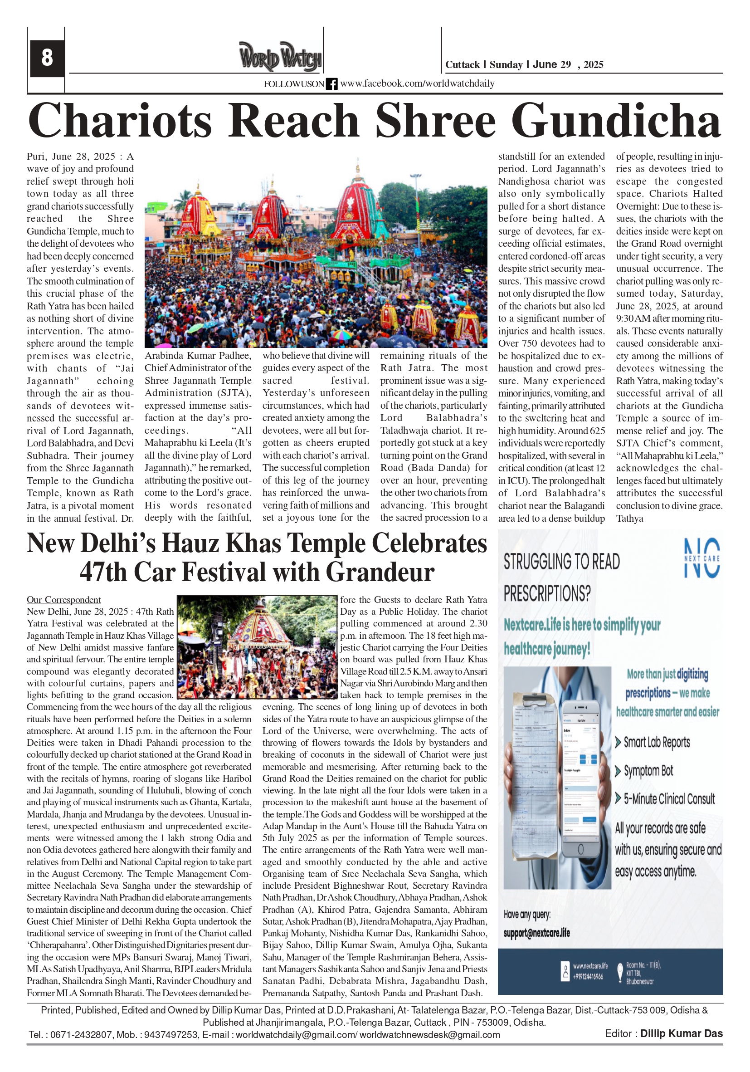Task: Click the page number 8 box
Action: (x=47, y=58)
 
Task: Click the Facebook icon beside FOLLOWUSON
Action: (x=331, y=84)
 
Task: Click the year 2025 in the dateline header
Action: (x=593, y=65)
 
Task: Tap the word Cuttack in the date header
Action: (x=462, y=65)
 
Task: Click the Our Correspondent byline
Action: (x=63, y=600)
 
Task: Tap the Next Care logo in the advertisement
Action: (x=701, y=558)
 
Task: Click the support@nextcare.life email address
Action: (x=536, y=933)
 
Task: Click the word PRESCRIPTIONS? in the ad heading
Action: (x=546, y=594)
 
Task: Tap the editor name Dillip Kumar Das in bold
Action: (x=681, y=1034)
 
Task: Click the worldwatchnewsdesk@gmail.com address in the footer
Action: (x=429, y=1035)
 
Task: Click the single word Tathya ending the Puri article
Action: (x=629, y=518)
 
